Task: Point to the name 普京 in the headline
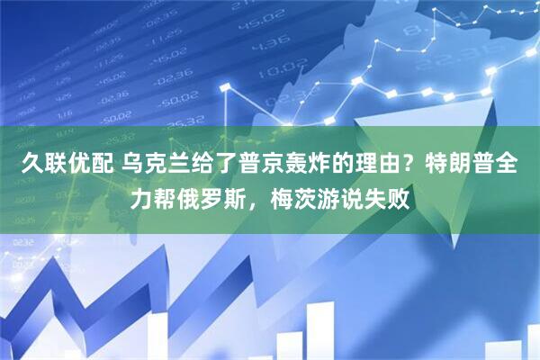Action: pyautogui.click(x=260, y=166)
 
